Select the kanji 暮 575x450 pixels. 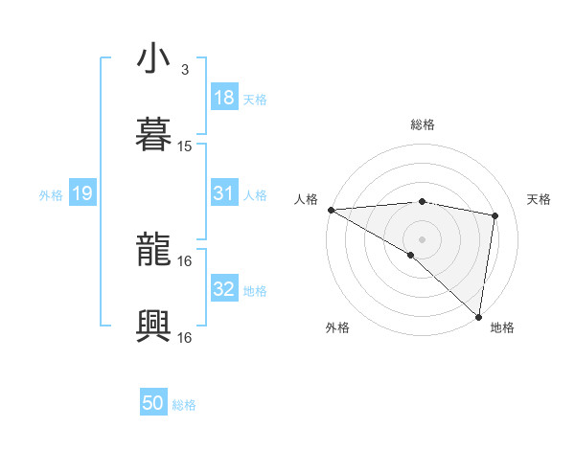coord(154,135)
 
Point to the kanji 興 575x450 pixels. coord(154,326)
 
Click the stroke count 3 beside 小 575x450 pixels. coord(185,70)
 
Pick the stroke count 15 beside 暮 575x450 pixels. coord(185,146)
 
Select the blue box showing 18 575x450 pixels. coord(224,98)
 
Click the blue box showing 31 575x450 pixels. coord(224,193)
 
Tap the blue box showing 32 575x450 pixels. coord(224,289)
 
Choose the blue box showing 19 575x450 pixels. coord(81,193)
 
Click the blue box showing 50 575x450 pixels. coord(153,404)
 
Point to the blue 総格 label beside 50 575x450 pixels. coord(185,405)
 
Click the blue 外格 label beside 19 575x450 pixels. coord(51,194)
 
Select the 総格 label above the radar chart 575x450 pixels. coord(423,124)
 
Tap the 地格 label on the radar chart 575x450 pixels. coord(502,327)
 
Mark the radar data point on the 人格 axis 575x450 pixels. coord(331,210)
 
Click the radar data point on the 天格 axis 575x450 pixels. coord(495,215)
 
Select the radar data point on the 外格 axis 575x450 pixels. coord(411,255)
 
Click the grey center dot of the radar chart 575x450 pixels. coord(423,238)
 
